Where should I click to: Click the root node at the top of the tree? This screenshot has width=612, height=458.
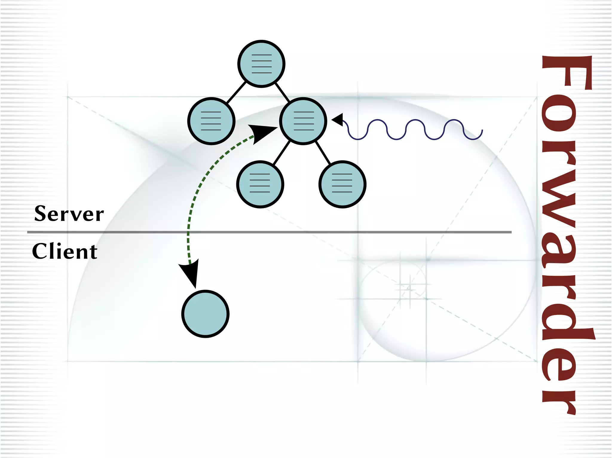261,64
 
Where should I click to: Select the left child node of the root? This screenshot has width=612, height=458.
211,121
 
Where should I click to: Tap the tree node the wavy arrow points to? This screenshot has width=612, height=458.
303,121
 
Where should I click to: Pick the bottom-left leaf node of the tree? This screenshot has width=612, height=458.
260,184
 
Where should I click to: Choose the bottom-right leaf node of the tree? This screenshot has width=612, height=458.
342,184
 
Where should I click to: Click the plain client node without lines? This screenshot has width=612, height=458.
205,314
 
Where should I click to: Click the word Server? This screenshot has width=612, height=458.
69,214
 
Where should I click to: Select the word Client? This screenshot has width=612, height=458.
65,251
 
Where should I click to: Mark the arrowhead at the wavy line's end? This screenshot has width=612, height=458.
337,120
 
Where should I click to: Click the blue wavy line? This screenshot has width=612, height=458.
415,129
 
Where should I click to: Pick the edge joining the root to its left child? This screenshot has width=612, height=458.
236,93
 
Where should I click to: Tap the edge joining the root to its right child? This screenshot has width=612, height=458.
282,92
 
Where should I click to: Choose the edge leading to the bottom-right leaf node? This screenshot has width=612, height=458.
323,153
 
